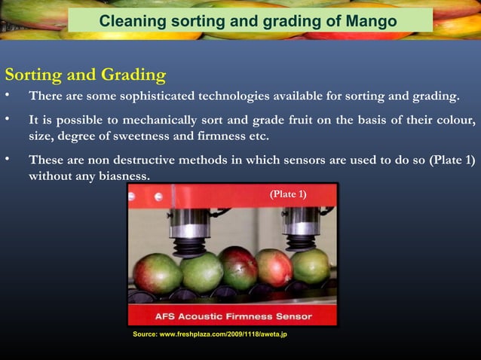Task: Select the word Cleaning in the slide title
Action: coord(132,21)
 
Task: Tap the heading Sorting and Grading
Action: coord(85,75)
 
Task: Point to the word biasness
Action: coord(124,177)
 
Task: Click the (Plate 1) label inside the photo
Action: coord(288,195)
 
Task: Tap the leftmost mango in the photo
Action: coord(158,273)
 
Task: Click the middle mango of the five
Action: coord(238,268)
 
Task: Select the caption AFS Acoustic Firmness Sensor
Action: coord(233,316)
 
